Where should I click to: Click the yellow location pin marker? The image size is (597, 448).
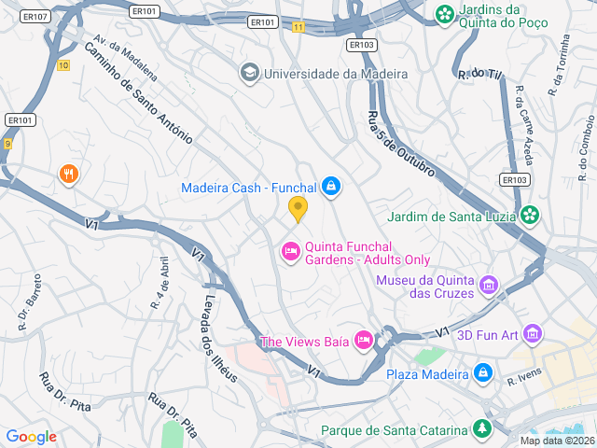click(x=298, y=209)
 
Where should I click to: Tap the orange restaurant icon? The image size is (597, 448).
click(x=68, y=174)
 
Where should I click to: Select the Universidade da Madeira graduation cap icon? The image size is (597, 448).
click(x=249, y=73)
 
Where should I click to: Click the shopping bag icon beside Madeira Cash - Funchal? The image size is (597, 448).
click(x=330, y=188)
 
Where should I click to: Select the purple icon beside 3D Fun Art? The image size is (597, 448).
click(x=533, y=332)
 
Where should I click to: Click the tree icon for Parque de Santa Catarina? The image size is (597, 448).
click(x=482, y=430)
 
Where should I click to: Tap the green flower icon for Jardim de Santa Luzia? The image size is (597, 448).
click(x=531, y=217)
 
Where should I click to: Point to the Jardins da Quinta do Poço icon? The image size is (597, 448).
click(x=445, y=14)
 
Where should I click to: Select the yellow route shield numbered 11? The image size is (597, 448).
click(x=298, y=27)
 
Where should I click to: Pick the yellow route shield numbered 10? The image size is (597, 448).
click(x=62, y=64)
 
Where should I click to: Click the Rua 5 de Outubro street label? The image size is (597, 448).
click(x=399, y=145)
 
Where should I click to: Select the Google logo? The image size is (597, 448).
click(x=31, y=437)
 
